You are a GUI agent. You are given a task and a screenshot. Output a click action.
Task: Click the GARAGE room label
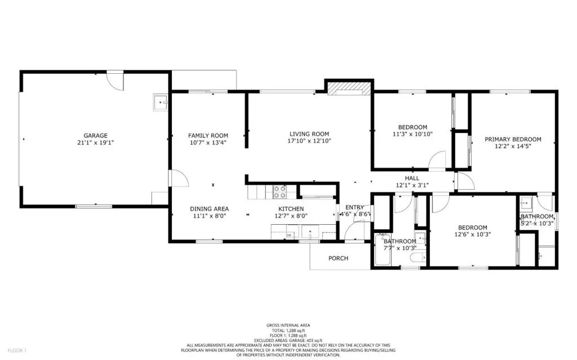tap(95, 136)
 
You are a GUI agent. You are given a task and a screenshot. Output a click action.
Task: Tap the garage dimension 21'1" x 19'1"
tap(95, 143)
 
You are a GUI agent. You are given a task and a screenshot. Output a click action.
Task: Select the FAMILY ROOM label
tap(208, 136)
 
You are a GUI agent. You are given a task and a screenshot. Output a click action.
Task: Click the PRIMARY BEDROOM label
tap(513, 139)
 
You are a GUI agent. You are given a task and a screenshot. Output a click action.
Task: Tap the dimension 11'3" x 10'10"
tap(412, 134)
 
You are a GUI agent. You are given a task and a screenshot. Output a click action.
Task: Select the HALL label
tap(412, 177)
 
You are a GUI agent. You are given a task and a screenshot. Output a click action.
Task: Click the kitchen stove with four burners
tap(280, 192)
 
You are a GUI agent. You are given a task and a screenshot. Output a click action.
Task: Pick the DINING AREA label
tap(209, 208)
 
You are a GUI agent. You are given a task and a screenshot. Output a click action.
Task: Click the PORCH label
tap(338, 259)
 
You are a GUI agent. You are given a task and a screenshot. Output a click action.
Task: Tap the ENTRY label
tap(354, 207)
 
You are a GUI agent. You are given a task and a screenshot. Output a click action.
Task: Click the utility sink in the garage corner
tap(161, 103)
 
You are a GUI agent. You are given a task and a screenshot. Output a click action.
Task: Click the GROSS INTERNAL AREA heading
tap(288, 326)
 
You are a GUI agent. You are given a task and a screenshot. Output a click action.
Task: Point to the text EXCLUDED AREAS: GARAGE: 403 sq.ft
tap(288, 340)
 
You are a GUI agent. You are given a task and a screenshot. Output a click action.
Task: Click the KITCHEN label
tap(290, 208)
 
